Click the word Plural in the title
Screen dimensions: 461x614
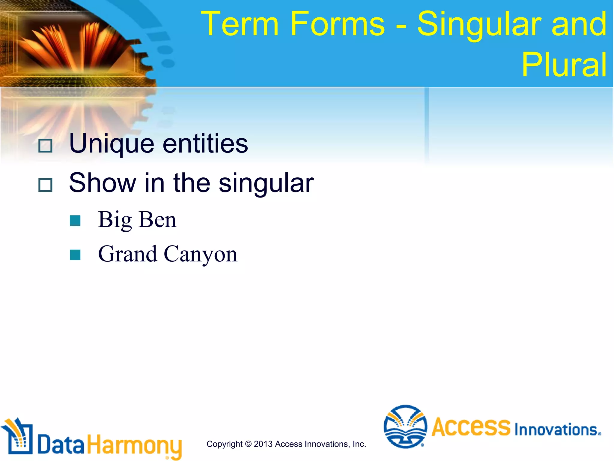[x=564, y=65]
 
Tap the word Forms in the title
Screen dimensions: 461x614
[x=337, y=24]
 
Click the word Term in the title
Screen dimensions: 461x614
[x=240, y=24]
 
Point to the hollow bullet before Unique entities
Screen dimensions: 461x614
[x=46, y=146]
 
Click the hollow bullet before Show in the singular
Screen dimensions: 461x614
[x=46, y=185]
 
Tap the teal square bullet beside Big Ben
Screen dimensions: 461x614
[x=75, y=220]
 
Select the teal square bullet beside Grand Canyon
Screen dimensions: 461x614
[x=75, y=255]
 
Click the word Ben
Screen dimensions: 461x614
[x=158, y=220]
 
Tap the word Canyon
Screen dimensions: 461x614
[x=201, y=254]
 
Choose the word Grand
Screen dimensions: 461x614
[x=127, y=254]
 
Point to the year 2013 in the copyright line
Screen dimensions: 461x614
[x=263, y=444]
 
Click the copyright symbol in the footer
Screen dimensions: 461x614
[x=248, y=444]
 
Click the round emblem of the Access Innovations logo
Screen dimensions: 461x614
[x=405, y=426]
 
